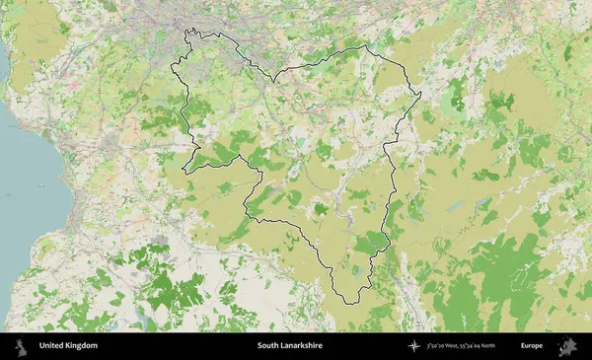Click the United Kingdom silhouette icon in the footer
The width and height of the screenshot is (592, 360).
tap(20, 346)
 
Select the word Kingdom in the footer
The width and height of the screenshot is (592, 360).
tap(82, 346)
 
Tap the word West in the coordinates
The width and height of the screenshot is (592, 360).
tap(464, 346)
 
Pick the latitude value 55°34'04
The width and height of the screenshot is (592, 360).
tap(487, 346)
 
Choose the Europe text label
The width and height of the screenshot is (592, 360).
tap(532, 346)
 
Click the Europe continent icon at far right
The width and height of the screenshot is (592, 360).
tap(567, 346)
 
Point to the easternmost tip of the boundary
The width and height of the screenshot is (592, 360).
tap(421, 96)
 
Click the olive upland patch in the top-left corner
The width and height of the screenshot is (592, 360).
tap(35, 35)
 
